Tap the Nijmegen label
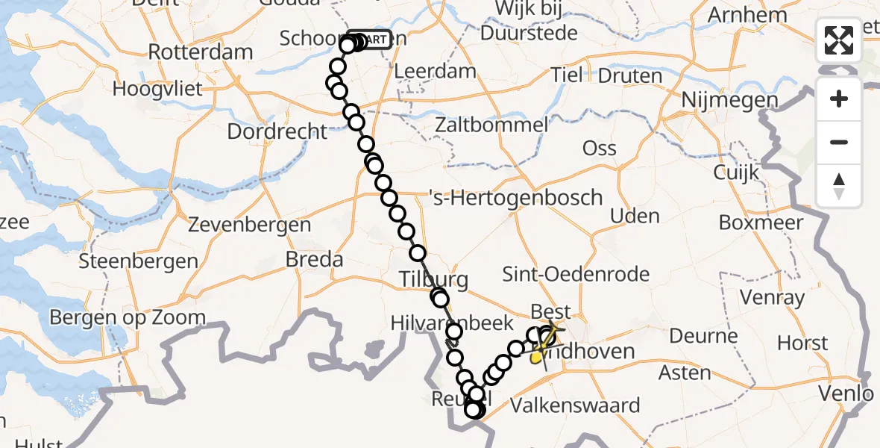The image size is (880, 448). (x=731, y=99)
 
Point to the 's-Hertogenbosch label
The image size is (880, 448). (x=516, y=198)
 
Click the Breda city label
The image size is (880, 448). (x=316, y=260)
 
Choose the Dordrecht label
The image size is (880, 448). (x=277, y=131)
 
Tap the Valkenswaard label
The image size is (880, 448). (x=574, y=405)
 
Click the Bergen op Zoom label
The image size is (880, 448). (x=127, y=317)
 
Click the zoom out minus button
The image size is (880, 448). (x=839, y=143)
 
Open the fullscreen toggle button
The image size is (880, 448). (x=839, y=40)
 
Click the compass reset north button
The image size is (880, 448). (x=839, y=186)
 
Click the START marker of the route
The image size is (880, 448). (x=371, y=40)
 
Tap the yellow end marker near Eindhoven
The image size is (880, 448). (x=538, y=357)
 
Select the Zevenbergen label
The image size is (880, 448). (x=249, y=224)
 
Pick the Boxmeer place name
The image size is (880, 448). (x=761, y=222)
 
